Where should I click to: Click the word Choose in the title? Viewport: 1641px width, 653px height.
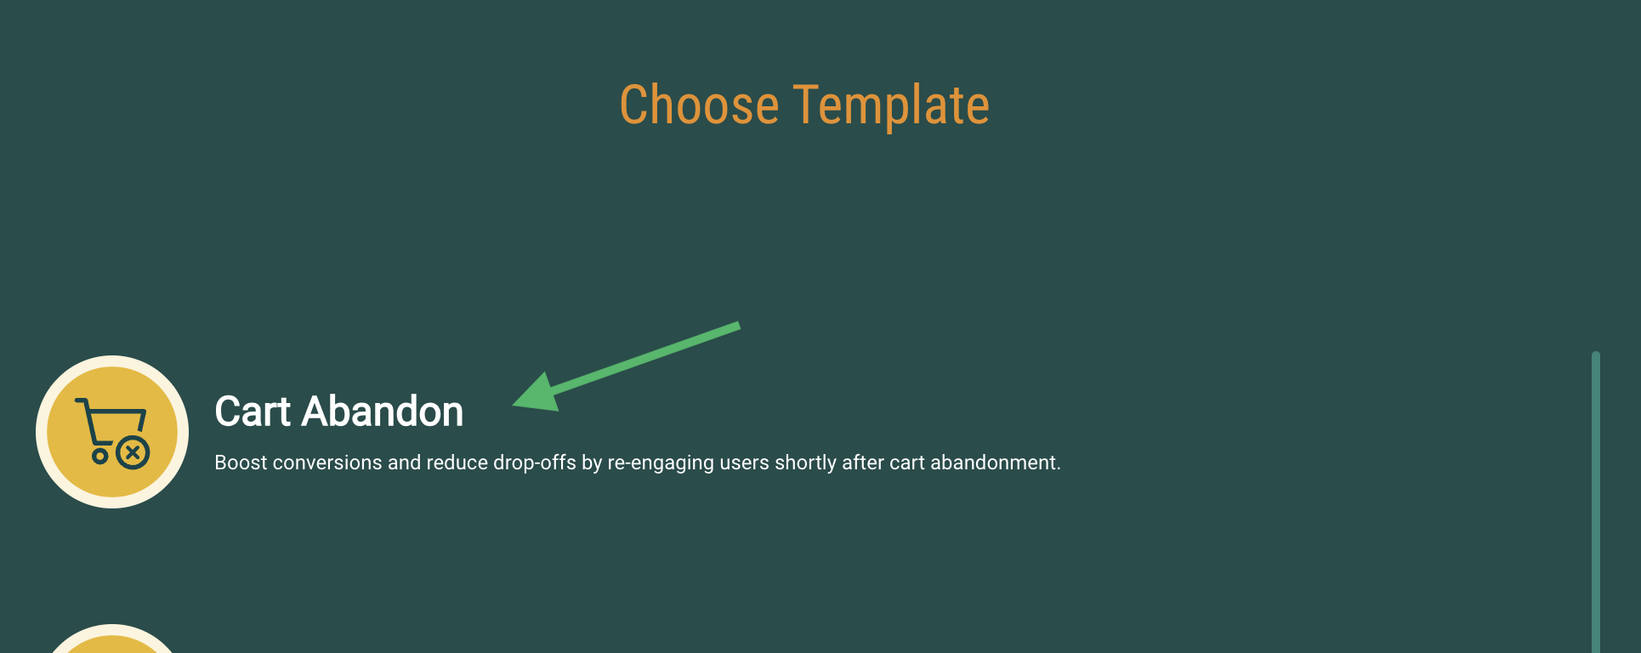[699, 105]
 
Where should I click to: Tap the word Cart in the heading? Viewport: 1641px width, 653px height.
[253, 412]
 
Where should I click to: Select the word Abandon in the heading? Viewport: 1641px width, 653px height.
[383, 412]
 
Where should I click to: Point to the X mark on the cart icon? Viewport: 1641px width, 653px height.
[133, 452]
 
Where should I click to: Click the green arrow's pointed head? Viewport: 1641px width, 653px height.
[514, 406]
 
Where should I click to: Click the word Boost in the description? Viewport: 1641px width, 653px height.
[241, 463]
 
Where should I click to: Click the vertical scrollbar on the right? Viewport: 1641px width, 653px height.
[1596, 502]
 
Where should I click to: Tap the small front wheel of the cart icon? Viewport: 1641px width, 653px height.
[100, 456]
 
